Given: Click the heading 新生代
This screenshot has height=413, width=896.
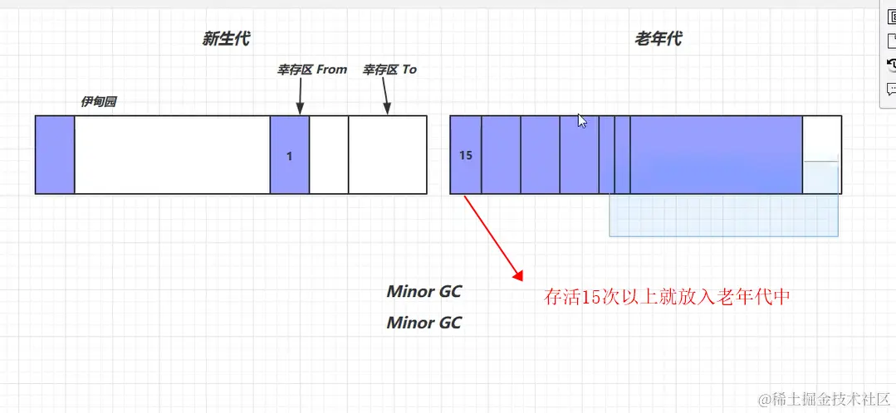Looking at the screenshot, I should [x=225, y=38].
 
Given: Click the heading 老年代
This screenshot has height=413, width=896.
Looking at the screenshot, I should [x=659, y=38].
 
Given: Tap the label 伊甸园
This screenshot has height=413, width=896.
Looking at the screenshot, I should [x=98, y=101].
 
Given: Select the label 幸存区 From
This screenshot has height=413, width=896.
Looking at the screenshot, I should [x=312, y=70].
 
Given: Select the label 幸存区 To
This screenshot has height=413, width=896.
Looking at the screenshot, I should [x=389, y=70].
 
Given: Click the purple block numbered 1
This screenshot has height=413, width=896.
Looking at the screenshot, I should [x=290, y=155].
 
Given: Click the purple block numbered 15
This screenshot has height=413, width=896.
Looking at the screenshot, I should [x=466, y=155].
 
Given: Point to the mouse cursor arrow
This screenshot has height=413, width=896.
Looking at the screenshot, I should [x=582, y=121].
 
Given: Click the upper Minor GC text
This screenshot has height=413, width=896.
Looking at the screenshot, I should [x=424, y=292].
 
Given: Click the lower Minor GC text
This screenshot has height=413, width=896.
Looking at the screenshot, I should [x=424, y=323].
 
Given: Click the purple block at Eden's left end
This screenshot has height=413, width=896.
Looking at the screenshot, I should [x=55, y=155].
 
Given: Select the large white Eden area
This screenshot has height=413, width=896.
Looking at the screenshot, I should [x=172, y=155].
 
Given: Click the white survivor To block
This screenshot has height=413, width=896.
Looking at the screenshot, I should [x=387, y=155].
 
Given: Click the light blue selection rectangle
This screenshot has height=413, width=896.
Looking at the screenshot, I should [x=722, y=216].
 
